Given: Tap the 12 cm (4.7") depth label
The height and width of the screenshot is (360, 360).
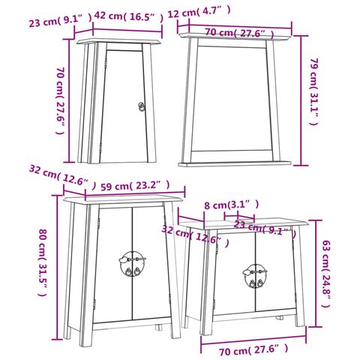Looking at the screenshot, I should [x=199, y=12].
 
